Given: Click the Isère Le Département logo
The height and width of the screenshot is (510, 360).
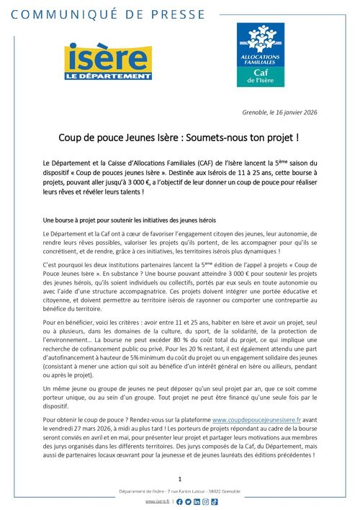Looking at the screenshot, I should point(108,62).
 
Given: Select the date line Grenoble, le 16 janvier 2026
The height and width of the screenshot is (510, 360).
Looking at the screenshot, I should point(276,112).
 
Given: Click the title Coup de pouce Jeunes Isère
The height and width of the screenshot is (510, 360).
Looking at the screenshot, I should point(179,136).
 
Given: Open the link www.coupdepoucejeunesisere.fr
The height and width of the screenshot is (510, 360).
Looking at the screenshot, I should point(239,418).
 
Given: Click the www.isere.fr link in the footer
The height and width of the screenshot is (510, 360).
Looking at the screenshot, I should point(158,501).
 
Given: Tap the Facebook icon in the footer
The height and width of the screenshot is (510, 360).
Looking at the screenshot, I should point(179,501).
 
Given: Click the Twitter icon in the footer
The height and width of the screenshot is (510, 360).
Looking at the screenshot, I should point(188,501).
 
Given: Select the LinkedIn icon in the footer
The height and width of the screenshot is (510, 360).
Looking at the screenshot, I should point(197,501).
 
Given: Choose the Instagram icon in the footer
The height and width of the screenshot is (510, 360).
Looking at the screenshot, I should point(205,501).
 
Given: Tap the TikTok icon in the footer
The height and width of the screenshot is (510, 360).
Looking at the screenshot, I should point(214,501).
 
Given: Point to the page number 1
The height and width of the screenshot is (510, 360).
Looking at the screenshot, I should point(179,478).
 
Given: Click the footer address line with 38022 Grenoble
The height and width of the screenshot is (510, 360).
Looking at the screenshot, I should point(179,491).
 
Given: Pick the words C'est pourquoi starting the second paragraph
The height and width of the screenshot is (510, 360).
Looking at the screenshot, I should point(63,266).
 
